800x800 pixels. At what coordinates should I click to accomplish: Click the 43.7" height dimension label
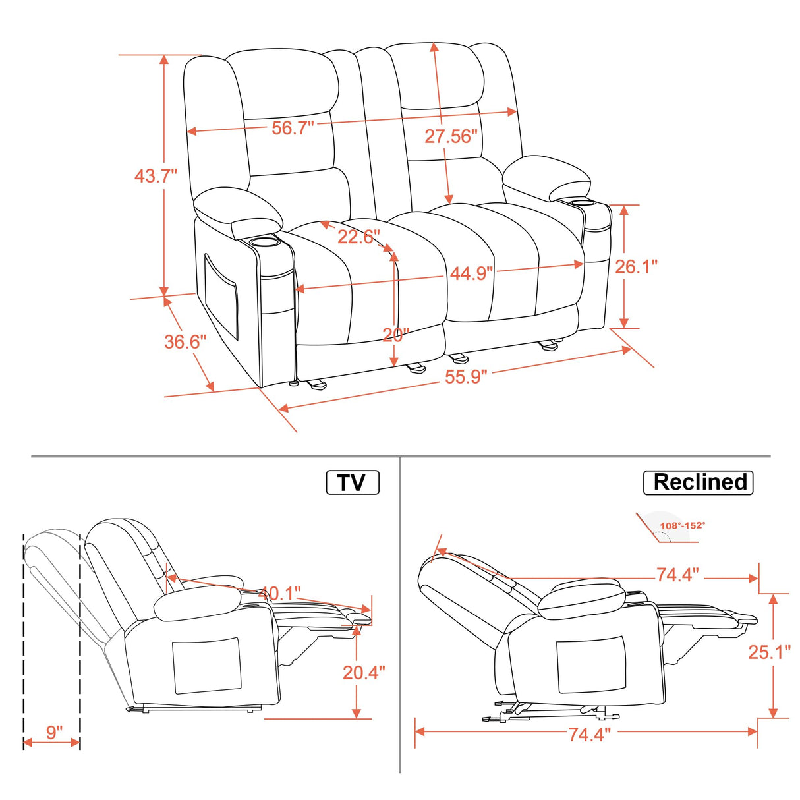point(156,176)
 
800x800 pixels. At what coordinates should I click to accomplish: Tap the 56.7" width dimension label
point(293,128)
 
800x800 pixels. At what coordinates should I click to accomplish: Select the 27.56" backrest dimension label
point(451,136)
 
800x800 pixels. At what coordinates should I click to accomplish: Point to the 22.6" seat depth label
point(359,237)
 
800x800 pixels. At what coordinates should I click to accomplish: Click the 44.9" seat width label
point(471,273)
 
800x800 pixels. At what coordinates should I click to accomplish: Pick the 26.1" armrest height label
point(637,266)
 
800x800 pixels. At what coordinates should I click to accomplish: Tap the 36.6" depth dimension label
point(185,341)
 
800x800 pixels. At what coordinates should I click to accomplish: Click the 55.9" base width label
point(467,377)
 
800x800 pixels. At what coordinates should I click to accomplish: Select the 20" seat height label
point(396,335)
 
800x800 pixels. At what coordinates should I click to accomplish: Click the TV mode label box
point(353,482)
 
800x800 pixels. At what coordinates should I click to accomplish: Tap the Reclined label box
point(698,482)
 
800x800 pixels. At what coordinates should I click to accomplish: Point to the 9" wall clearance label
point(54,732)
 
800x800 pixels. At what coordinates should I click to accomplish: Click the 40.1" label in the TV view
point(279,594)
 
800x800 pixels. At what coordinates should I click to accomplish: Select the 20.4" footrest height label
point(364,672)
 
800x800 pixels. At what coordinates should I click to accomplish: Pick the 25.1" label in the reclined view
point(769,652)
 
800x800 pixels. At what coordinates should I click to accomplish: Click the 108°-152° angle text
point(682,525)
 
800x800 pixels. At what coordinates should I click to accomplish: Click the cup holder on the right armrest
point(579,202)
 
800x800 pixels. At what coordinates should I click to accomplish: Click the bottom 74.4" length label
point(590,734)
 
